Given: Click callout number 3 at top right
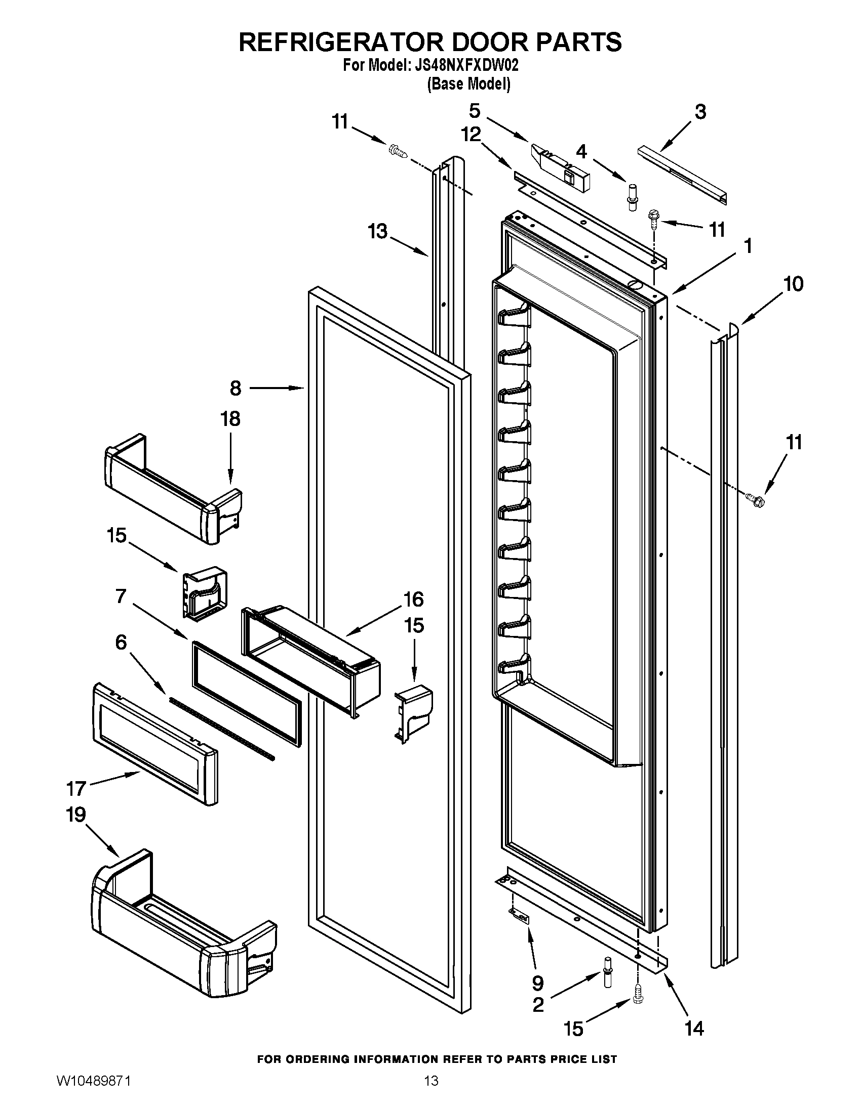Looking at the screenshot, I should tap(700, 112).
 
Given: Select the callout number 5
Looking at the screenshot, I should tap(475, 111).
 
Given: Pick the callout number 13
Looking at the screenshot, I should tap(378, 231).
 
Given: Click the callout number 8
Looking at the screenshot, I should tap(235, 389).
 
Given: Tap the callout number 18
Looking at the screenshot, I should tap(230, 419).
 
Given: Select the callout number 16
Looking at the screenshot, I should tap(413, 600).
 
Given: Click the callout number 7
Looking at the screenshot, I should tap(121, 596).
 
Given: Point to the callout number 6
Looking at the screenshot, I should tap(121, 643).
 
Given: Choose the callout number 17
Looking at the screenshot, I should tap(76, 789).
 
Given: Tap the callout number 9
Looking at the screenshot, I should tap(537, 983).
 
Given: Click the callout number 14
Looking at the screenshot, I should tap(694, 1029).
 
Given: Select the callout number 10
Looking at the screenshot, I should tap(793, 284).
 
